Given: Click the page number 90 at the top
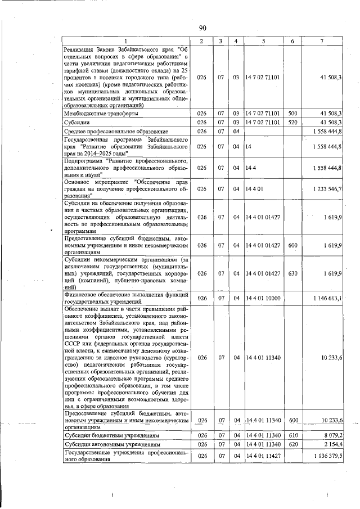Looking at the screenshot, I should click(202, 28).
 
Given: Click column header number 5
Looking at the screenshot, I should click(263, 41).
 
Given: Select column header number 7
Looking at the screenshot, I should click(322, 41).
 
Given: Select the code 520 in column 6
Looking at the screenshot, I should click(292, 122).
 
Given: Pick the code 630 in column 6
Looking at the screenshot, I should click(292, 273).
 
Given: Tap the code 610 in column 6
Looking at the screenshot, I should click(292, 436).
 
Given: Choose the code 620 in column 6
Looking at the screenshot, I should click(292, 444).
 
